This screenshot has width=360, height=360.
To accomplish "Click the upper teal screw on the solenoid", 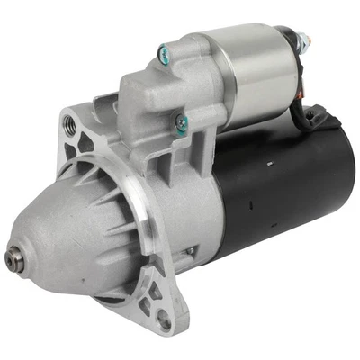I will (164, 54).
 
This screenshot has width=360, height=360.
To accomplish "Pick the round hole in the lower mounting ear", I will (164, 319).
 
